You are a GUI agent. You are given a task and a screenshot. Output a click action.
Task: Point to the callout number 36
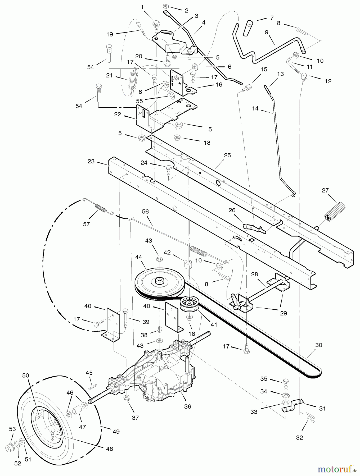point(187,406)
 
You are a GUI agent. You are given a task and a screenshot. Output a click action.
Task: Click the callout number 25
point(227,155)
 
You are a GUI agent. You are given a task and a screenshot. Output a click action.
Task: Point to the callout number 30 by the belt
point(319,345)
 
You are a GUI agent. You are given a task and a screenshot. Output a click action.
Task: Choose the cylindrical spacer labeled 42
point(188,264)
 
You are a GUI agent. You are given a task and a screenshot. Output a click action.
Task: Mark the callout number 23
point(91,161)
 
